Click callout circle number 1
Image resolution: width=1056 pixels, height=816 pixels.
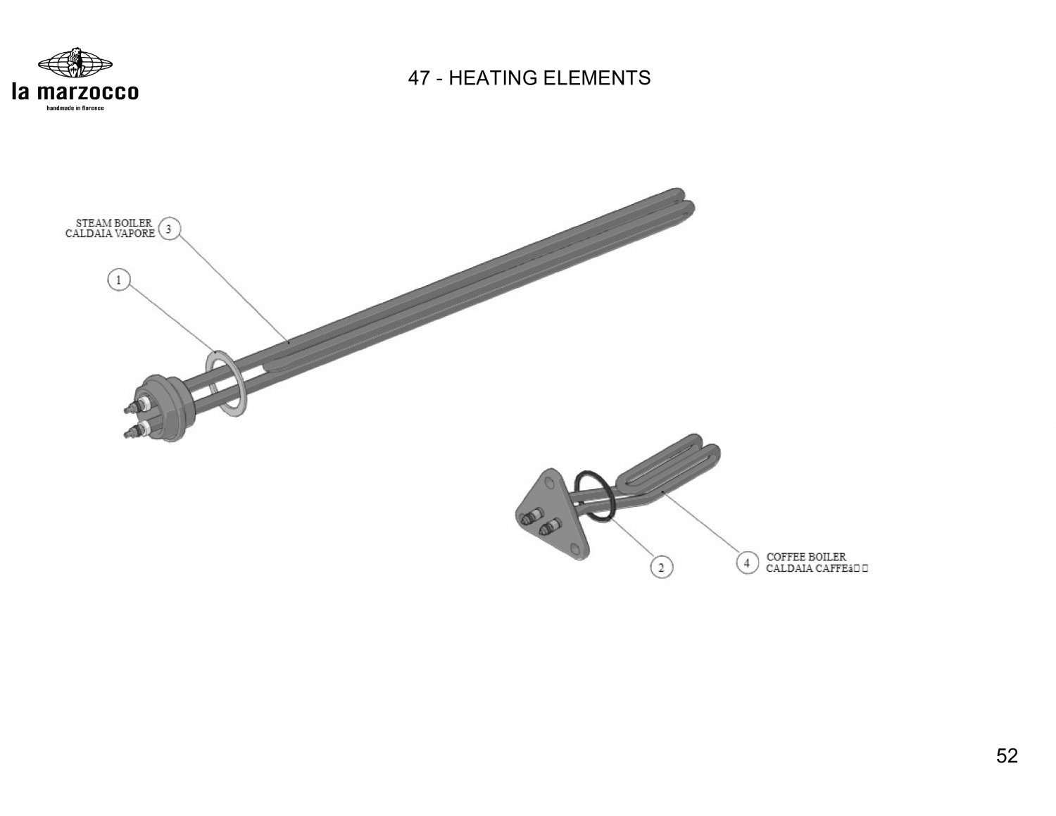(118, 280)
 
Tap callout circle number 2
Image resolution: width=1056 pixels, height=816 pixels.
(661, 567)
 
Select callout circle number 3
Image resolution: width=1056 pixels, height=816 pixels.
(169, 228)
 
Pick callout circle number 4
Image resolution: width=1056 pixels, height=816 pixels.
(747, 563)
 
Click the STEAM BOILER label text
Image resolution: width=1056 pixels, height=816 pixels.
(114, 223)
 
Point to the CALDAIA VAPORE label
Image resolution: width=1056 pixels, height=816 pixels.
(111, 234)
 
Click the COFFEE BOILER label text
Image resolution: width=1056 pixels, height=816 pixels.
(806, 556)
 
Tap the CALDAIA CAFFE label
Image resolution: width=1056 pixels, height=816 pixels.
(817, 568)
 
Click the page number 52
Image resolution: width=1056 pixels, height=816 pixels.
(1007, 755)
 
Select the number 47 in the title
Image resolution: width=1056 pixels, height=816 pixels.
(419, 78)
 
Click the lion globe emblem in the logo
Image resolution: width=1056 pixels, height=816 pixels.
(75, 63)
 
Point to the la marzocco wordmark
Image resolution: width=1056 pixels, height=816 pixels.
(75, 92)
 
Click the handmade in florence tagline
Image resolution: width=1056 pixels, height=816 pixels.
(75, 108)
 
